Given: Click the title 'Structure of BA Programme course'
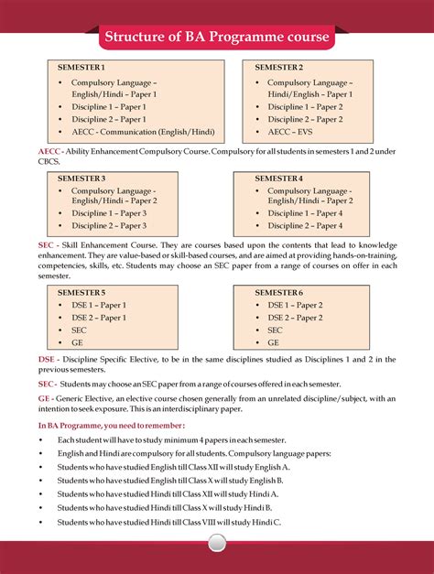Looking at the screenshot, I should click(x=216, y=38).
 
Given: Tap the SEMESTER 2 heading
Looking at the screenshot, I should click(x=279, y=69).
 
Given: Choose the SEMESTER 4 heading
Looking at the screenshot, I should click(x=279, y=178).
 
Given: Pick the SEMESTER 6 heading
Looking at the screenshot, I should click(x=279, y=292).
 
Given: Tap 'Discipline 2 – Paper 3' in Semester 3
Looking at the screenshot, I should click(x=109, y=225).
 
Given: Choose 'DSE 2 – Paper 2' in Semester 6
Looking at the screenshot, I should click(x=295, y=318).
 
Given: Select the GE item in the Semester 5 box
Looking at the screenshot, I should click(x=78, y=341).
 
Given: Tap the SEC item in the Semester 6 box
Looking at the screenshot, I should click(x=276, y=330).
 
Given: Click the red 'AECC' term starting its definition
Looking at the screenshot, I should click(x=49, y=149).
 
